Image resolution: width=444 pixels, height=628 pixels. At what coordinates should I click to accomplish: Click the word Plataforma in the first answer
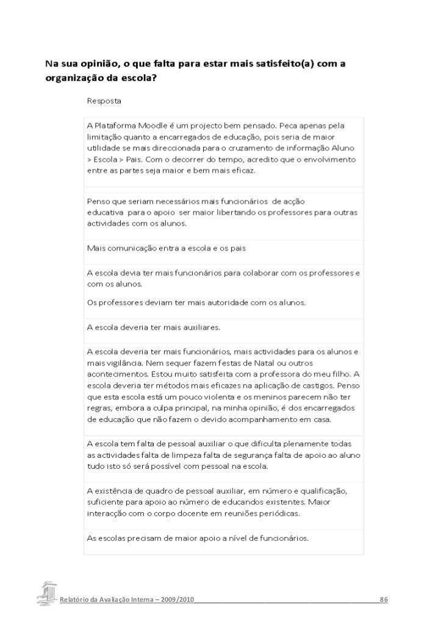pos(116,125)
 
